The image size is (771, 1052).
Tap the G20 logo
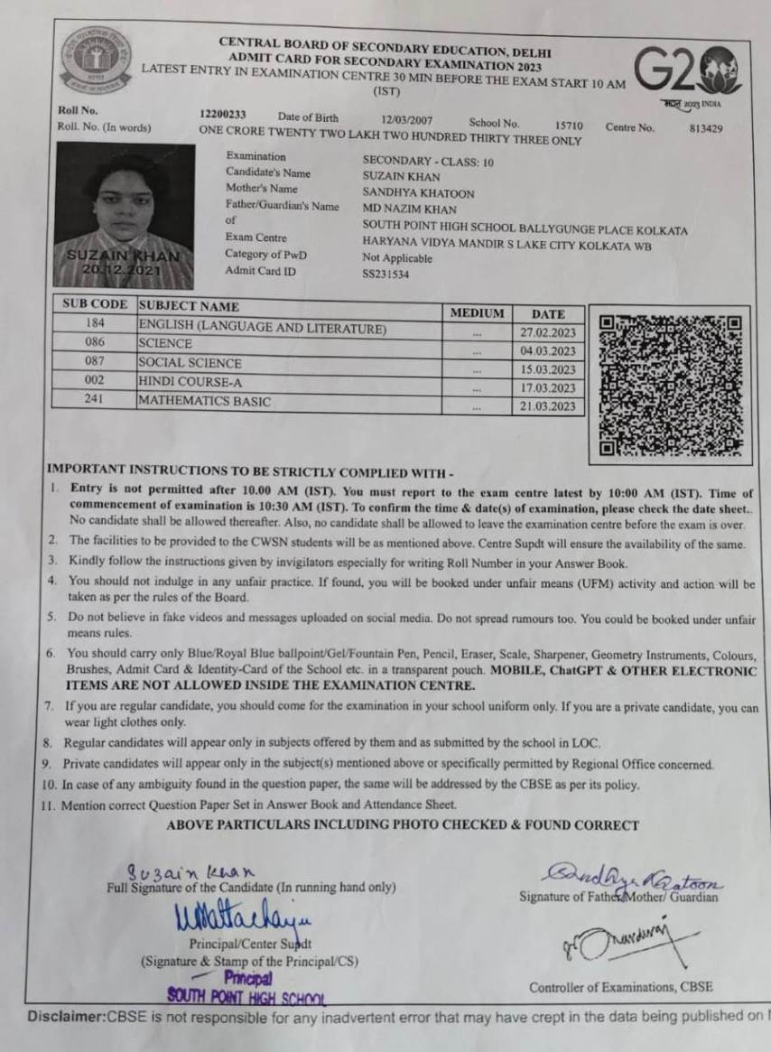click(x=687, y=71)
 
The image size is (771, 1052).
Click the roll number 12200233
click(x=222, y=115)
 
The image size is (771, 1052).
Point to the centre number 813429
click(x=705, y=128)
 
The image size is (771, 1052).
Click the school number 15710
click(x=569, y=125)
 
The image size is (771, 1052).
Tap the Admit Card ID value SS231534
click(x=385, y=274)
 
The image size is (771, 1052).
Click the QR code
click(x=670, y=384)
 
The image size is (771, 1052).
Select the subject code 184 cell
click(x=95, y=323)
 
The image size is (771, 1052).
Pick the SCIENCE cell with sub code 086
click(x=165, y=343)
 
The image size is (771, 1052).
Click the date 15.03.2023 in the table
click(x=547, y=369)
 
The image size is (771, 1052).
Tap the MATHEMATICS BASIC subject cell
click(x=204, y=401)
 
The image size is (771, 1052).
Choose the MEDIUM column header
click(x=477, y=312)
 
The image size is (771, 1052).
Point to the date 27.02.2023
click(x=547, y=332)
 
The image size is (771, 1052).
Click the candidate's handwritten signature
click(x=190, y=872)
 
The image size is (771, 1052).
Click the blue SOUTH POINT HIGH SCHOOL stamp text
click(x=246, y=995)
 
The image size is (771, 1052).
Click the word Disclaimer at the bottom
click(x=67, y=1017)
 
